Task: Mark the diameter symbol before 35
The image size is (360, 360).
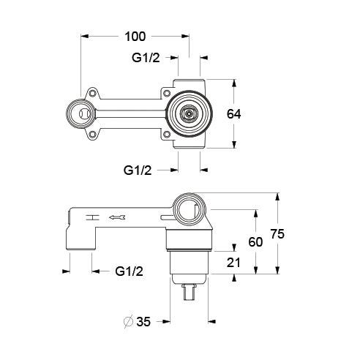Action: point(129,321)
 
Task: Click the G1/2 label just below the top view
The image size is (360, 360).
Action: point(138,170)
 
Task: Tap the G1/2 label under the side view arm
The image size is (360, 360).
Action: point(130,271)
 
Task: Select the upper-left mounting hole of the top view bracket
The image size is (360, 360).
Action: point(93,93)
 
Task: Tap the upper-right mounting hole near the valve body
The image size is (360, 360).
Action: point(168,94)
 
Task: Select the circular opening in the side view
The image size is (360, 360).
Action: point(190,210)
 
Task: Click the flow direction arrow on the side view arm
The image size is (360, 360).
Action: point(118,217)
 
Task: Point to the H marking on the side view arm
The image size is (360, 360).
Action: point(91,217)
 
